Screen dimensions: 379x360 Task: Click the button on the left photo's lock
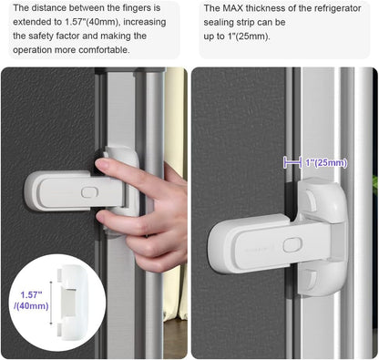coord(89,192)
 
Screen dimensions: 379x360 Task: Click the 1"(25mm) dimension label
coord(326,163)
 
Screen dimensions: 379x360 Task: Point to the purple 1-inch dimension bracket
coord(292,162)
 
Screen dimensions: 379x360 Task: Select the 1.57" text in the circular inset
coord(31,294)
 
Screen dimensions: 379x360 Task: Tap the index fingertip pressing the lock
coord(101,164)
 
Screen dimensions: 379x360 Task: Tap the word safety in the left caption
coord(42,36)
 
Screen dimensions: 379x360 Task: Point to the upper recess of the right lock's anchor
coord(311,198)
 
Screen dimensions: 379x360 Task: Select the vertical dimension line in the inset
coord(51,303)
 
